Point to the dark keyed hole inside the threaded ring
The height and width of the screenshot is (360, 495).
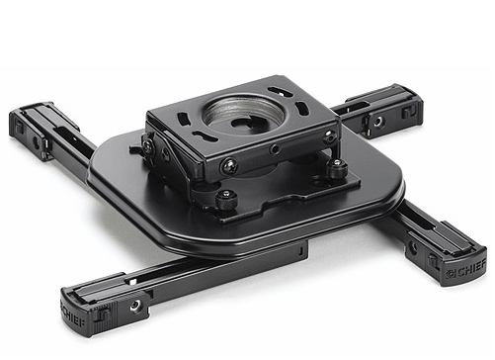[x=245, y=122]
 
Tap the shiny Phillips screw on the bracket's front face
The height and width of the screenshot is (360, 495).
[x=228, y=164]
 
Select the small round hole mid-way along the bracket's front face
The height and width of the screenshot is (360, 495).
[x=275, y=150]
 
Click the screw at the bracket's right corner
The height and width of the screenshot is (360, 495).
[x=329, y=135]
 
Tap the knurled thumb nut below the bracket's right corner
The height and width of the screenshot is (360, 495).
[x=336, y=168]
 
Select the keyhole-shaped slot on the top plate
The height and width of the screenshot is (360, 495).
[x=204, y=135]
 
